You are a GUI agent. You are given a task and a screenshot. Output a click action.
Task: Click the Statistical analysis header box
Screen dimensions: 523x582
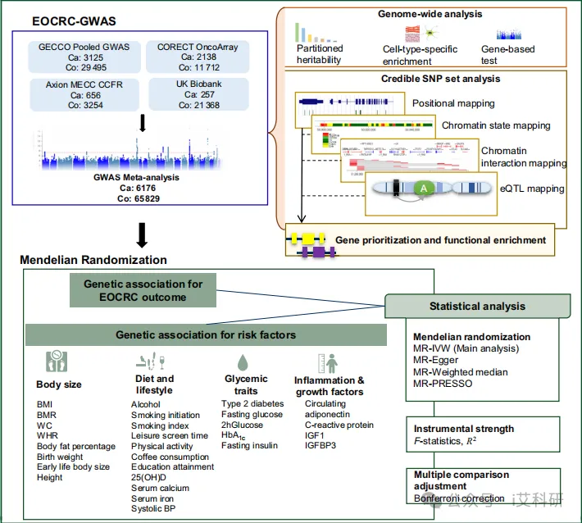coord(478,307)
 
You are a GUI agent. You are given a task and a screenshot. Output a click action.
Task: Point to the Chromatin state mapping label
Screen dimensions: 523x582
coord(496,125)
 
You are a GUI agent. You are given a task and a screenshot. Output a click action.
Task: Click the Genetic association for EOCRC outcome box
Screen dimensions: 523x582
coord(143,290)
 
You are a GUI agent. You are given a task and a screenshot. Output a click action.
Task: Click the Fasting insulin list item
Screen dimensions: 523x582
coord(249,446)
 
